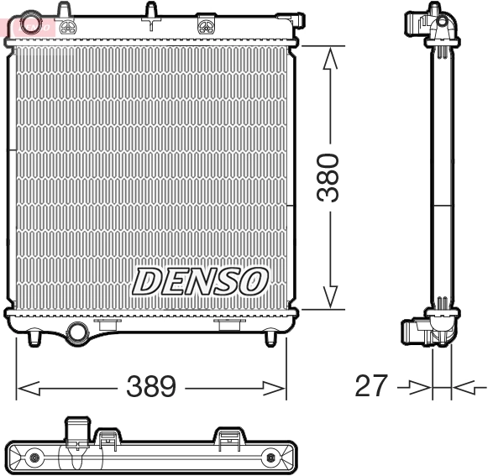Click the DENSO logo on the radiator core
pyautogui.click(x=199, y=281)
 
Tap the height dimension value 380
pyautogui.click(x=331, y=177)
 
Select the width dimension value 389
pyautogui.click(x=150, y=387)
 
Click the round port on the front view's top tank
pyautogui.click(x=32, y=24)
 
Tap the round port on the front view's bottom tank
pyautogui.click(x=77, y=332)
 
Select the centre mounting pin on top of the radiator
pyautogui.click(x=151, y=13)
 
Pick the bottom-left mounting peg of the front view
pyautogui.click(x=34, y=337)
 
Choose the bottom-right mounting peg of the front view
pyautogui.click(x=270, y=337)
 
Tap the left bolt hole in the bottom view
pyautogui.click(x=34, y=458)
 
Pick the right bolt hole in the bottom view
pyautogui.click(x=270, y=458)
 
